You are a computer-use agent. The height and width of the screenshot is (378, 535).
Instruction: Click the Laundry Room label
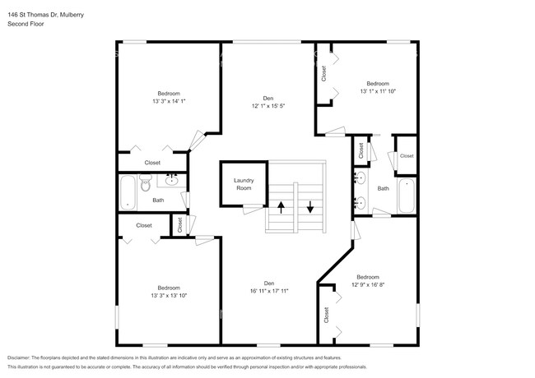point(244,183)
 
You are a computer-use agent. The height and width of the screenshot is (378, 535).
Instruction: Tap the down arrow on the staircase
point(310,206)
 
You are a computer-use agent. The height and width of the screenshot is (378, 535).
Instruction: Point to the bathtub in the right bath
point(407,196)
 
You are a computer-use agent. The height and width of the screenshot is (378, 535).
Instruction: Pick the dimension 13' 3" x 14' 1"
point(169,102)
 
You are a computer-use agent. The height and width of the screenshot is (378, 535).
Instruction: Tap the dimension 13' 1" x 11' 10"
point(378,92)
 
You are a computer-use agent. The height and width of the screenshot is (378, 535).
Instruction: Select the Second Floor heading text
point(26,25)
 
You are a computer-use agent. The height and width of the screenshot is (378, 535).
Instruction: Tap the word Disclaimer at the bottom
point(22,358)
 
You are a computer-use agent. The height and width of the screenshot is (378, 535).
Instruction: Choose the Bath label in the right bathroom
point(383,189)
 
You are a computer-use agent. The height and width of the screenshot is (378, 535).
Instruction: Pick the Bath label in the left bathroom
point(157,200)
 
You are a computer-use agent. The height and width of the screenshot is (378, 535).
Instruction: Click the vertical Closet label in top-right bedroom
point(324,74)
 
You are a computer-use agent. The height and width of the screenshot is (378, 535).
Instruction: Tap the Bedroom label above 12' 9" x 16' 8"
point(367,277)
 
